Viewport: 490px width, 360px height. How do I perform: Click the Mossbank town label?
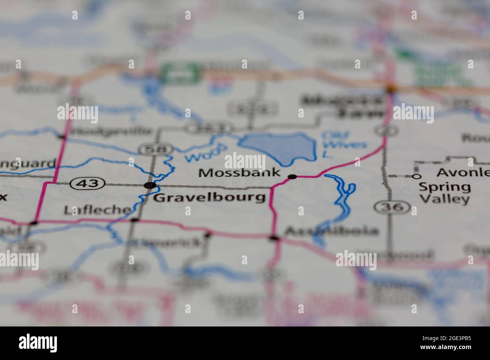point(239,173)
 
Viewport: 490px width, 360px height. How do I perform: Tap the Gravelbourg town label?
point(210,197)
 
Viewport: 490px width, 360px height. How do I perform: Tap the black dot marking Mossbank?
point(292,177)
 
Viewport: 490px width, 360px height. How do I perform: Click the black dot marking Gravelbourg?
point(150,185)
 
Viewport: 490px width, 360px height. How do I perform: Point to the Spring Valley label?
point(445,193)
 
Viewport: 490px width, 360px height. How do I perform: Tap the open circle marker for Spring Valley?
point(416,176)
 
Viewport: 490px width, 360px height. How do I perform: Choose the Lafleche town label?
point(97,210)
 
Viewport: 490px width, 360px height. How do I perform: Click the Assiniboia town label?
point(331,230)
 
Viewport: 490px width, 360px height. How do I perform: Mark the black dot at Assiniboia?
point(274,238)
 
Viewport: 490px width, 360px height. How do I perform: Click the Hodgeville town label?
point(112,131)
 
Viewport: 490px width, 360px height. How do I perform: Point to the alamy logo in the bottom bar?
point(38,343)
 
